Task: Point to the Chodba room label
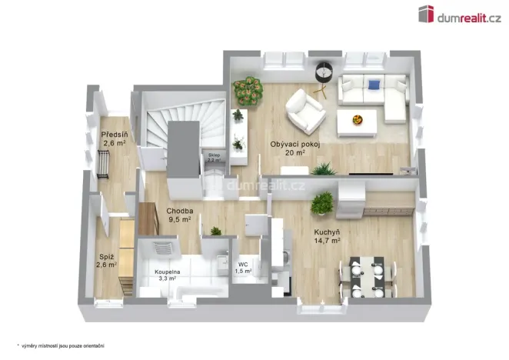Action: [179, 210]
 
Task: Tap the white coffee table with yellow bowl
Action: [358, 120]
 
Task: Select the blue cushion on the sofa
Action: [374, 85]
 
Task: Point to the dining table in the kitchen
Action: [367, 274]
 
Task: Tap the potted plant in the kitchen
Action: [324, 202]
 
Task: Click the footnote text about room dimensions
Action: [62, 345]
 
